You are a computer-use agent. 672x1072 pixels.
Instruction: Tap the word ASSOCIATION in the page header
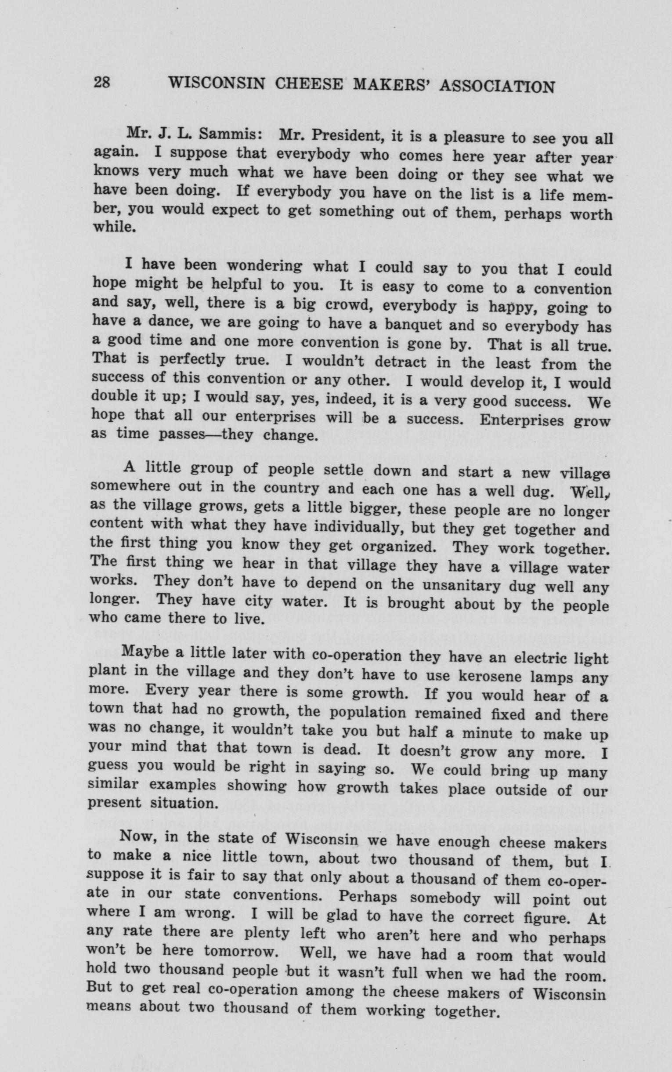(496, 86)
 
